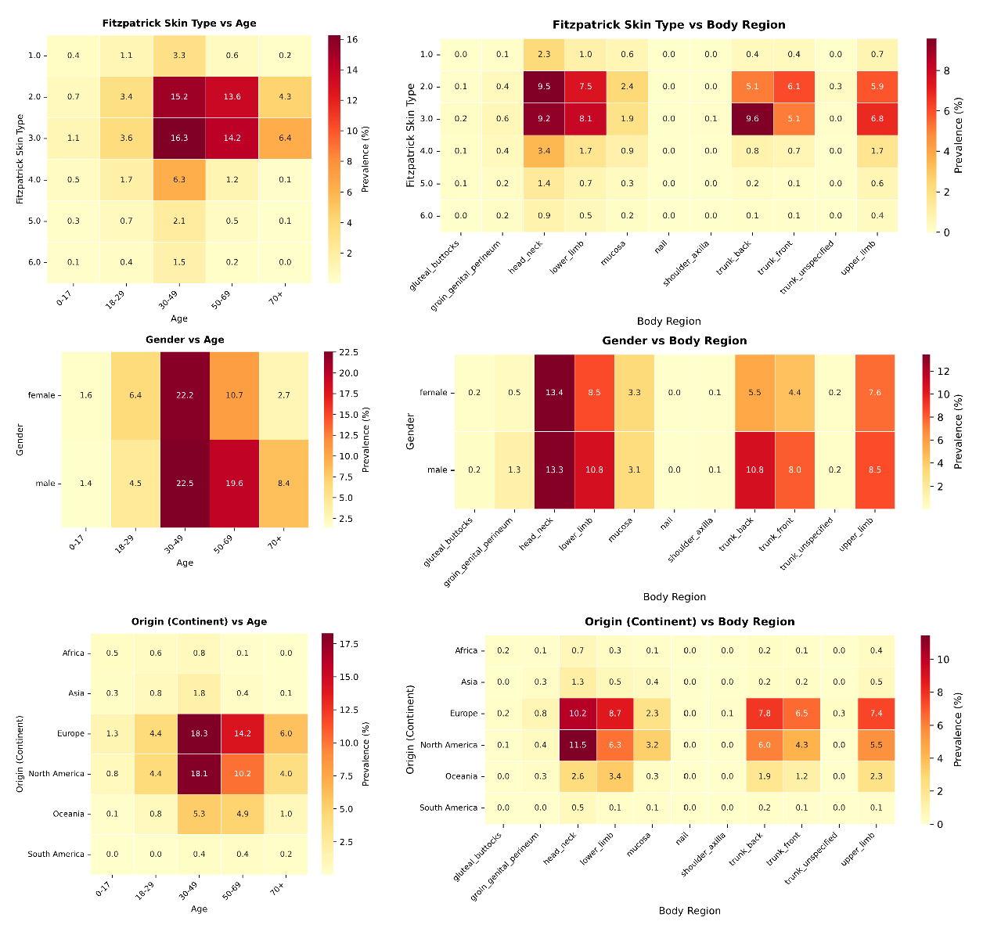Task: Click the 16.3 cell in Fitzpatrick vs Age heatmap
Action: [x=179, y=139]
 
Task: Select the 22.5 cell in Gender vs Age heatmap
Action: [x=185, y=483]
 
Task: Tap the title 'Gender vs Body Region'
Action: [x=674, y=340]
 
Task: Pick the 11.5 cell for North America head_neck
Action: [x=578, y=745]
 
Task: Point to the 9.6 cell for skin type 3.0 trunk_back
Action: [x=751, y=119]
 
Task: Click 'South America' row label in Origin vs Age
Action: [x=56, y=854]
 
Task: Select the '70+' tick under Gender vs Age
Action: [x=276, y=541]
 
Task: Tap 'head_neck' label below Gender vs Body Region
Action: [x=537, y=534]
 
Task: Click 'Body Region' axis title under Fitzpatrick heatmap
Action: [x=668, y=321]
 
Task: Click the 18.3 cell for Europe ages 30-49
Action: [x=200, y=733]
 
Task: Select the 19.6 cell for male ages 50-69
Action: [x=234, y=483]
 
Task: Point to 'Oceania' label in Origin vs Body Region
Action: [x=461, y=776]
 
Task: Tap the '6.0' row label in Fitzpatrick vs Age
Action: [x=34, y=262]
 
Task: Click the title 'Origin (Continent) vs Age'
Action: [x=199, y=621]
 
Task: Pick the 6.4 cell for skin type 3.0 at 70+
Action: [x=284, y=139]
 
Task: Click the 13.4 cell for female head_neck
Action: [x=554, y=392]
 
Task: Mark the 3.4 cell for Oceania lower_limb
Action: [x=614, y=776]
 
